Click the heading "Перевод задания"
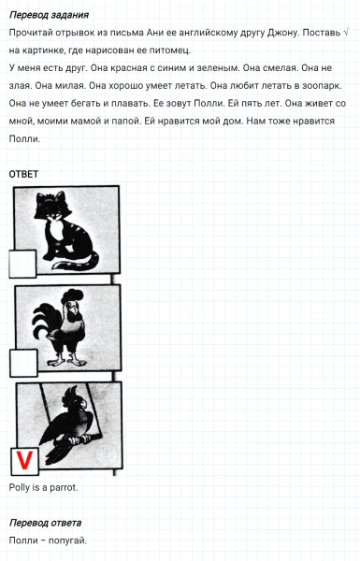point(49,15)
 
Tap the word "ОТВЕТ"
point(23,174)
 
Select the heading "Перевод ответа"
point(46,523)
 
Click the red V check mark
point(24,460)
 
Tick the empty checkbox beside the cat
point(22,264)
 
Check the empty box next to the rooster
point(23,363)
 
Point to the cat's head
point(52,208)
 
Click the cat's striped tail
point(75,262)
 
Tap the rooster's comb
point(72,295)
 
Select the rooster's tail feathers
point(45,322)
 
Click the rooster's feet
point(67,360)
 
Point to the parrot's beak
point(84,404)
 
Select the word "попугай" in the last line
point(67,540)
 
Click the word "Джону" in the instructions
point(283,33)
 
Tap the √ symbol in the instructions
point(345,33)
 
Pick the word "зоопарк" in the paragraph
point(322,86)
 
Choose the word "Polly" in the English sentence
point(19,487)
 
